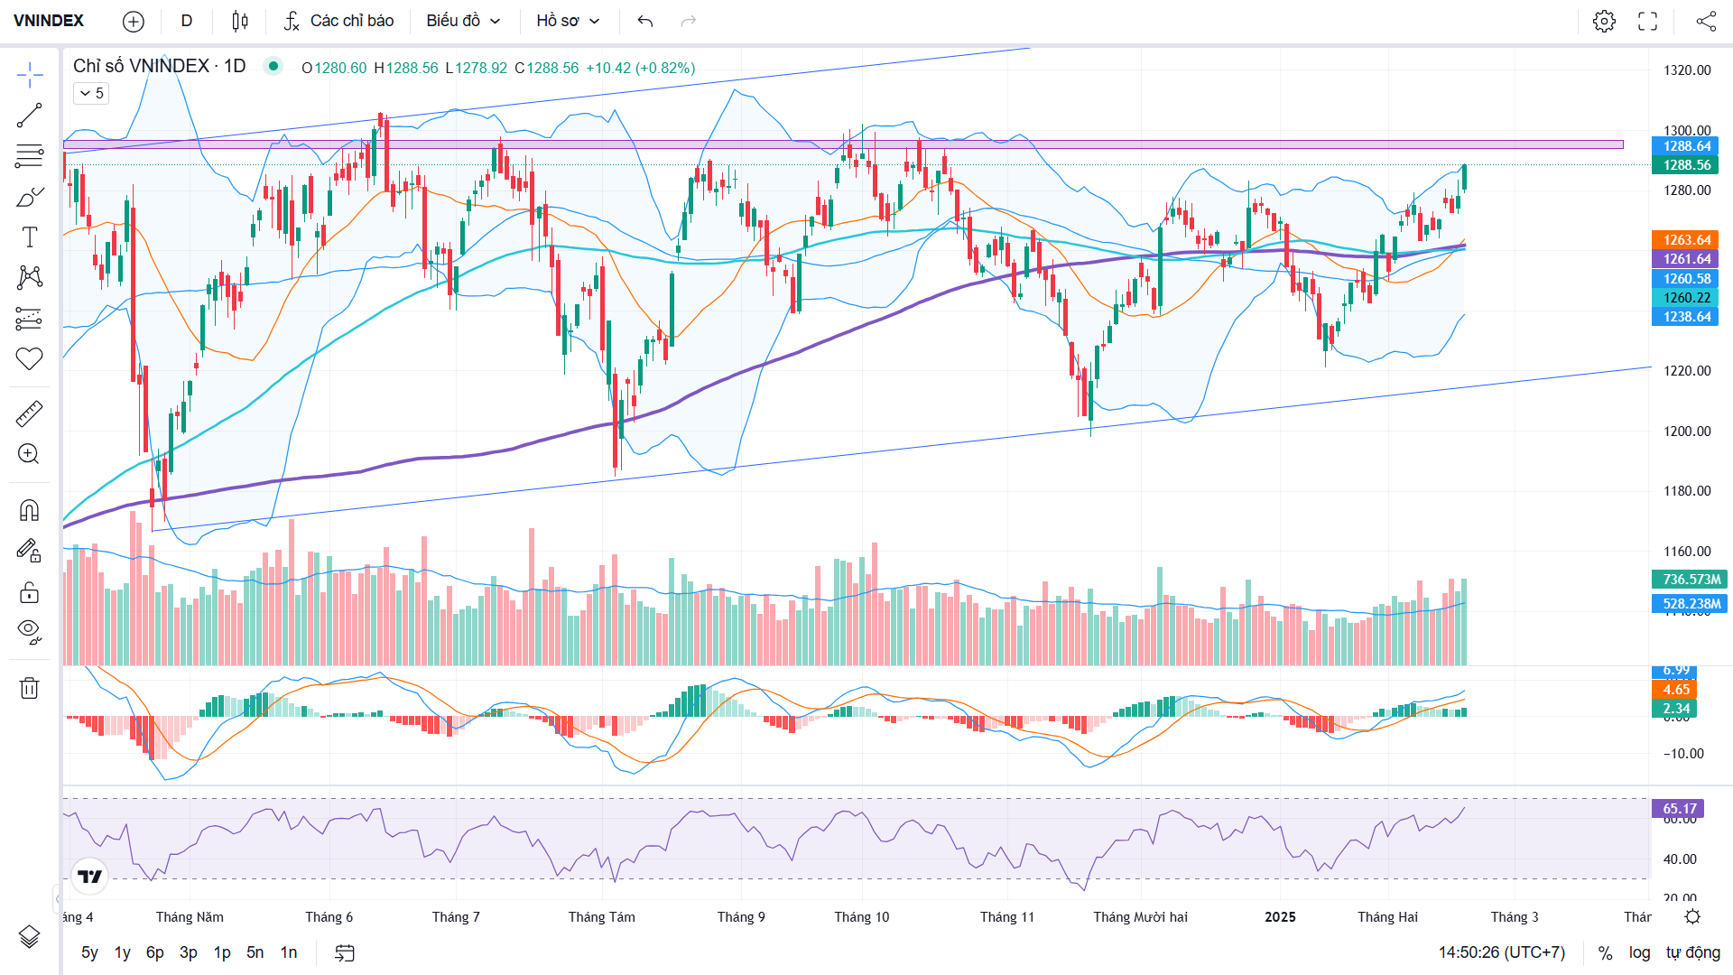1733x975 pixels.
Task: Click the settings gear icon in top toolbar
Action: pos(1604,21)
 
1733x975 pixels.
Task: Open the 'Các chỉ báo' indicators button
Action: pos(338,21)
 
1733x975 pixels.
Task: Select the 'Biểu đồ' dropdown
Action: pos(463,21)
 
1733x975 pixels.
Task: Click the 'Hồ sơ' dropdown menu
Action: pos(568,21)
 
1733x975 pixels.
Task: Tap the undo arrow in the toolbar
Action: pos(644,21)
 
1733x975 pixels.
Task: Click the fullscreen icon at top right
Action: pos(1647,21)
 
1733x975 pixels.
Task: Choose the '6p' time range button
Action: pos(155,952)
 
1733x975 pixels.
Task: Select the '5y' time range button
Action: pos(89,952)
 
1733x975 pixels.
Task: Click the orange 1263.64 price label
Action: pos(1687,240)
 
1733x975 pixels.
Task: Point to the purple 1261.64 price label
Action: pos(1687,259)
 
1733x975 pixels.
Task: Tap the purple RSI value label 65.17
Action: pos(1679,809)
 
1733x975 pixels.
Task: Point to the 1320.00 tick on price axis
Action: pos(1687,70)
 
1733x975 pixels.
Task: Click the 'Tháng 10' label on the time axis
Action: pos(861,917)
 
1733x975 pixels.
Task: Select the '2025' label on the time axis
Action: pos(1280,917)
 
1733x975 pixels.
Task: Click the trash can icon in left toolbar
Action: pos(29,689)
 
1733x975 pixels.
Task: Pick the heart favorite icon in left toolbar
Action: pos(29,359)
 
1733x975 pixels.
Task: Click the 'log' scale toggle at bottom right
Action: pos(1639,952)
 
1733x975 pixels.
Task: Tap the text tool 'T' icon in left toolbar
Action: pos(29,237)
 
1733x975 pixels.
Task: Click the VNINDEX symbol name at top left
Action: pos(49,21)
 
